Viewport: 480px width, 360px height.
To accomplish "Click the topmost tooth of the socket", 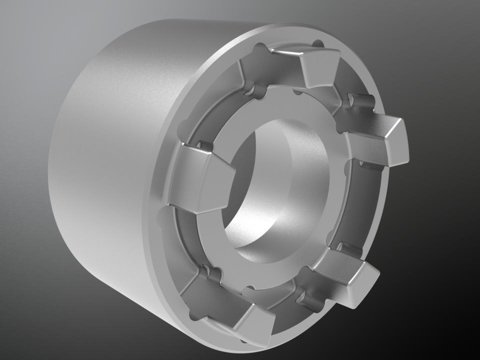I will [x=320, y=68].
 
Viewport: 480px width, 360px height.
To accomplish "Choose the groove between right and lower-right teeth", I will [x=370, y=210].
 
